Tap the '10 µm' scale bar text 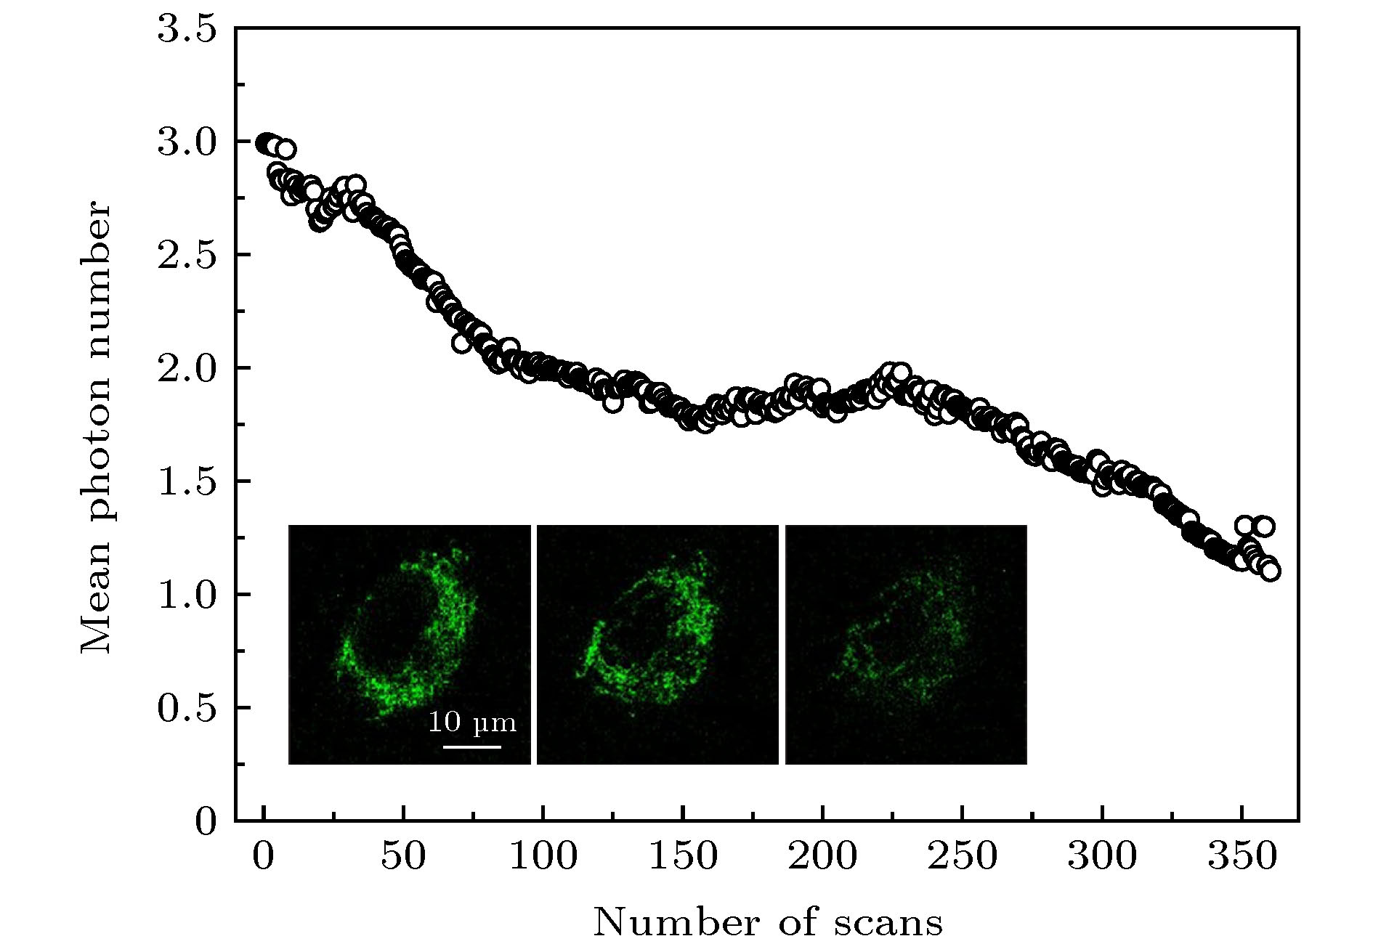point(471,723)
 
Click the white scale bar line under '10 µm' point(471,746)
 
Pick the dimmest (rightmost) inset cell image point(906,644)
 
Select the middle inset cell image point(657,644)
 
